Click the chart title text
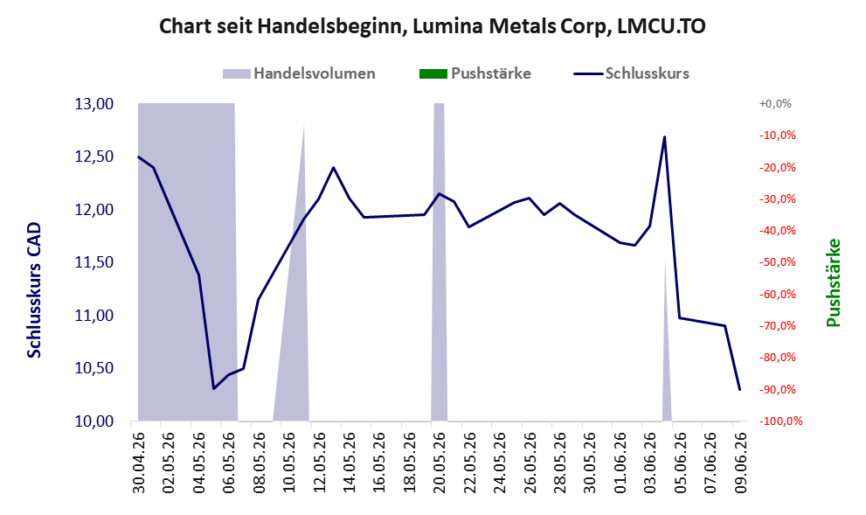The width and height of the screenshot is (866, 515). point(433,26)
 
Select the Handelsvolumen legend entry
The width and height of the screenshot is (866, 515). point(299,73)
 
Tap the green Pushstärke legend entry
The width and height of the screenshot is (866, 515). point(475,73)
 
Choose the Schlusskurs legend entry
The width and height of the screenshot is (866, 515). point(631,73)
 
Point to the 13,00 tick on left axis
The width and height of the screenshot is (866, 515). point(94,104)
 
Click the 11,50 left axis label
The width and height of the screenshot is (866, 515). point(94,262)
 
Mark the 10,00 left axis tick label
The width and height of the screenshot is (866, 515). point(94,421)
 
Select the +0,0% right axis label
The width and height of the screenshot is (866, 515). point(775,104)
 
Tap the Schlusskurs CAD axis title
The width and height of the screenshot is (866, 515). point(34,290)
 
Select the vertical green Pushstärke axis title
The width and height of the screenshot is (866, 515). point(834,282)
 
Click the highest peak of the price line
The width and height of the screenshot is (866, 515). point(664,136)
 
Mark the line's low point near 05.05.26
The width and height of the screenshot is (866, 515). point(214,388)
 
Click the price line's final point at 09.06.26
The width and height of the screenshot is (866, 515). point(739,390)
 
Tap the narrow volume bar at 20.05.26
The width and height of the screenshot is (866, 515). point(439,262)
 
